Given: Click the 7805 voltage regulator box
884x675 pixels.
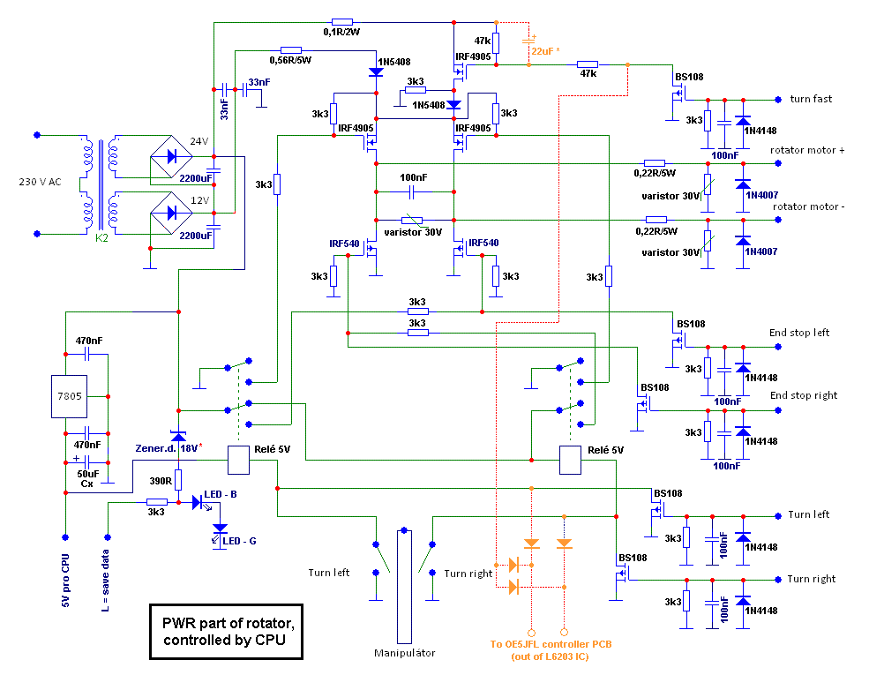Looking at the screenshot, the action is pyautogui.click(x=70, y=396).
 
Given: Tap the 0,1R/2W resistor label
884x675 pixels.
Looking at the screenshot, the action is pyautogui.click(x=341, y=32).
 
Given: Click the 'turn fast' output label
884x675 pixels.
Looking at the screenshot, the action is pyautogui.click(x=811, y=99).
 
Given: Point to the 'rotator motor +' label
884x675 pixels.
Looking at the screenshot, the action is pyautogui.click(x=807, y=150).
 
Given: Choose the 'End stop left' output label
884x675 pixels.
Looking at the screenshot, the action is pyautogui.click(x=799, y=333).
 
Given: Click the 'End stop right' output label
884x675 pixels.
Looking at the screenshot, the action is pyautogui.click(x=804, y=395).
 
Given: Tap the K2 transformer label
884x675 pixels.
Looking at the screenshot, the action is pyautogui.click(x=101, y=238).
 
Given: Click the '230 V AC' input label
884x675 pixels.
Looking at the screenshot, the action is pyautogui.click(x=40, y=182).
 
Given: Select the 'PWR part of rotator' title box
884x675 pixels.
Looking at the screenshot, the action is pyautogui.click(x=226, y=632).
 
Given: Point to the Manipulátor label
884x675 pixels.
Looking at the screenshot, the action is pyautogui.click(x=404, y=653).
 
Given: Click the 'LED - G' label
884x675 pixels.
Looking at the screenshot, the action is pyautogui.click(x=239, y=541).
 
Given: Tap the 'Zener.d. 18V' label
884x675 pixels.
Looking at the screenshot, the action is pyautogui.click(x=168, y=448).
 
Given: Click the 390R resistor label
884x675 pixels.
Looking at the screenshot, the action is pyautogui.click(x=161, y=481).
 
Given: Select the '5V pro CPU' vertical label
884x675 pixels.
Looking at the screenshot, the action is pyautogui.click(x=65, y=581).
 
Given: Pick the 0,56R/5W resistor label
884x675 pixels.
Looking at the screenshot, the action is pyautogui.click(x=290, y=60).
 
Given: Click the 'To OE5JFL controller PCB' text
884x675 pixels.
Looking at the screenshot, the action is pyautogui.click(x=551, y=644).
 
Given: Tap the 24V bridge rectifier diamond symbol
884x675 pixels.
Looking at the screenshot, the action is pyautogui.click(x=171, y=156).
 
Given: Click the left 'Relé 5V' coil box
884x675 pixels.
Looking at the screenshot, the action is pyautogui.click(x=238, y=461).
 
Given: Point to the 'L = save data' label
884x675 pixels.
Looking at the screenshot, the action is pyautogui.click(x=105, y=581).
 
